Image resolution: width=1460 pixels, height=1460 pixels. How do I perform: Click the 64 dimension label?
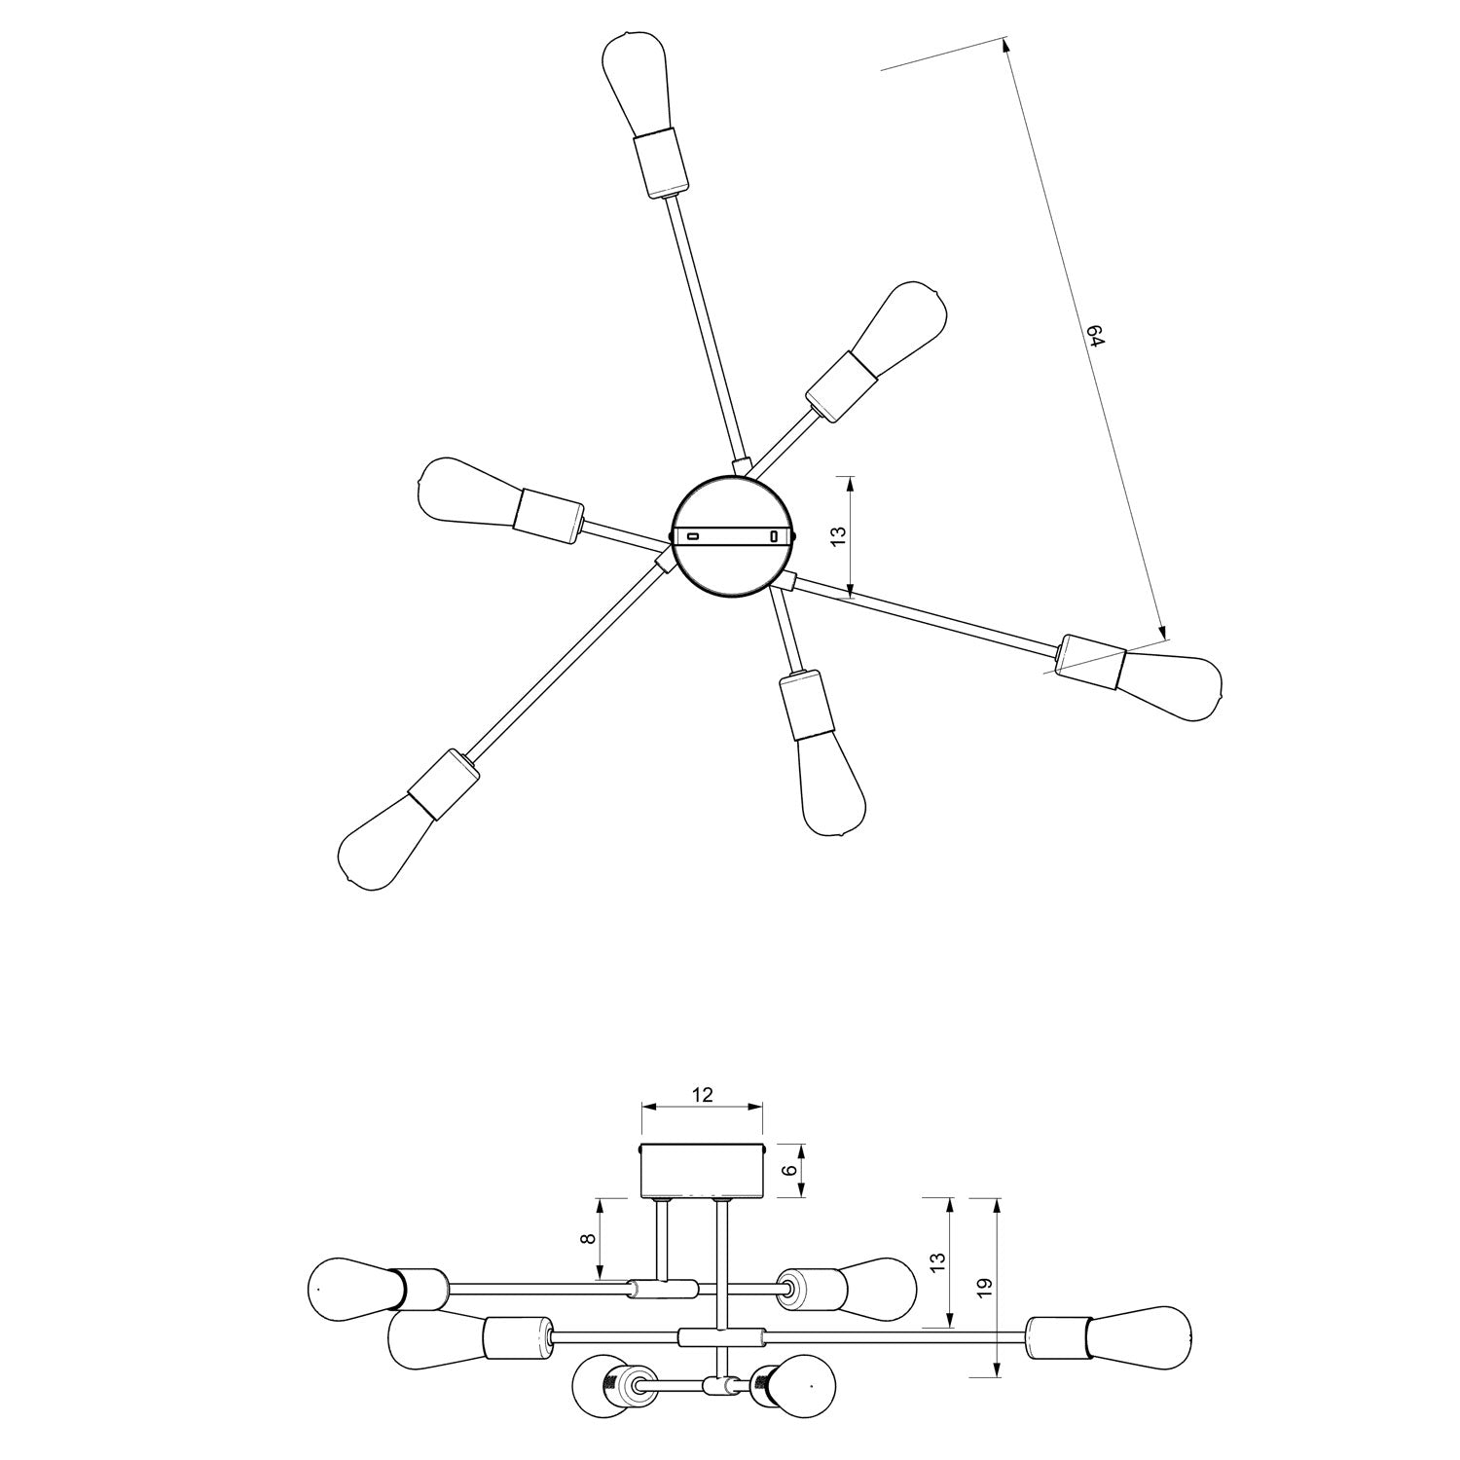coord(1097,338)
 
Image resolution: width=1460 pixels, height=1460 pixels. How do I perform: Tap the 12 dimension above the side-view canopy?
coord(702,1094)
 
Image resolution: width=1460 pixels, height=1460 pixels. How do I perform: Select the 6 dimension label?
coord(789,1171)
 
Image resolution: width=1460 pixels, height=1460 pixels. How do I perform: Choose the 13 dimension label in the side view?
coord(937,1262)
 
